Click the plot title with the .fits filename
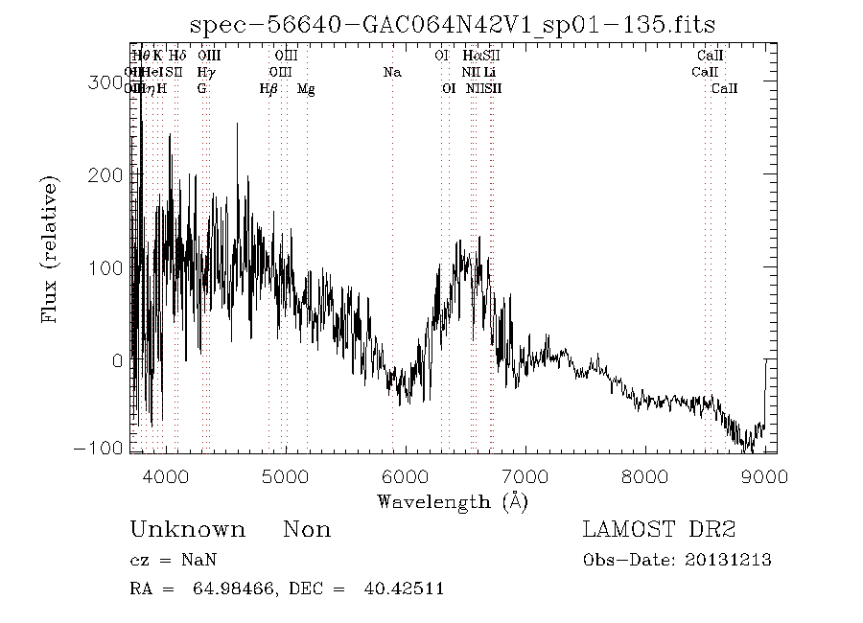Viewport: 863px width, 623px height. (452, 25)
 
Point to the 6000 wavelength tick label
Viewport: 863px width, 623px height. (406, 476)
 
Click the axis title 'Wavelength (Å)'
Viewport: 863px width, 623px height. (452, 501)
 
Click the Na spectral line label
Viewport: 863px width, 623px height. (392, 72)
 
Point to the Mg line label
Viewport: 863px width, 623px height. (306, 89)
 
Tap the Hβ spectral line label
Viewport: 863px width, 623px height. (268, 89)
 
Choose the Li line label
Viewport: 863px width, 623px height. (489, 72)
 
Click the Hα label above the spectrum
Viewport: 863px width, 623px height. (471, 56)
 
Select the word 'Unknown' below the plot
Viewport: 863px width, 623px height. (187, 530)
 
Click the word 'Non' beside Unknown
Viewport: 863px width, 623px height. (307, 530)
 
